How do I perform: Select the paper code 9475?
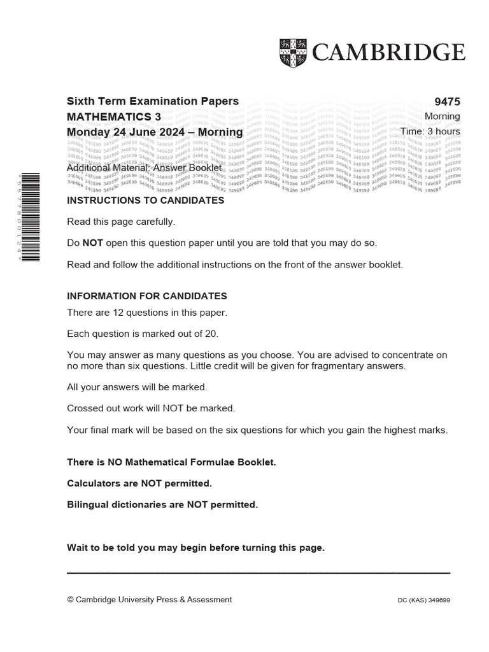pos(447,102)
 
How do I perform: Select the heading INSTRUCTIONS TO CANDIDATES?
pos(145,201)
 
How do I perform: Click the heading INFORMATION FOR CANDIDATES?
pos(147,296)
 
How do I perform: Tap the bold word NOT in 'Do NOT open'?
pos(92,243)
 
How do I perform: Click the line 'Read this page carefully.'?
pos(120,222)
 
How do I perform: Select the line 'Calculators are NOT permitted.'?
pos(139,484)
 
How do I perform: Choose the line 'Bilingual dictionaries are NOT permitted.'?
pos(162,505)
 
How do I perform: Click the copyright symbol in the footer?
pos(70,600)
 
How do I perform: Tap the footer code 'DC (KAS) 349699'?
pos(423,600)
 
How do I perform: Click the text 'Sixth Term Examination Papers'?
pos(153,101)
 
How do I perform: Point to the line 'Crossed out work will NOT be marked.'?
pos(151,408)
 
